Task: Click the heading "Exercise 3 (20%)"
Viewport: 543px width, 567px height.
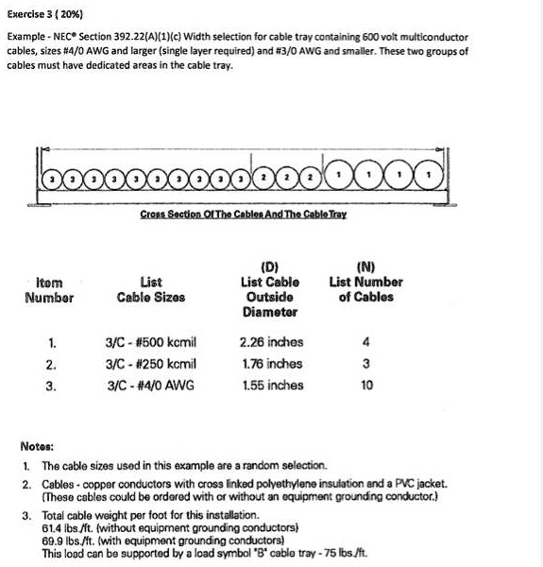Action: tap(42, 14)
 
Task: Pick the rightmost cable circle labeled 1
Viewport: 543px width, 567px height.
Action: tap(431, 176)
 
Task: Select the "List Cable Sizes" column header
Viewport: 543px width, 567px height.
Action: tap(151, 289)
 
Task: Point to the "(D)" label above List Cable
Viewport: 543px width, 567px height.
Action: tap(272, 266)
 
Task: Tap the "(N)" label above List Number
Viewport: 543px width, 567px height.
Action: tap(365, 266)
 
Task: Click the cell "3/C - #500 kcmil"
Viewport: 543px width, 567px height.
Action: tap(151, 342)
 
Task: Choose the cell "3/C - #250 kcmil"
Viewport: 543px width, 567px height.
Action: tap(151, 364)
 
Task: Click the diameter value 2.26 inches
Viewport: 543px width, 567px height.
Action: tap(272, 342)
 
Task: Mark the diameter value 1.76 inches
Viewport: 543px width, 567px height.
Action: tap(272, 364)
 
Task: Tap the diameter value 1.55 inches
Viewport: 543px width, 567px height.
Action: tap(272, 386)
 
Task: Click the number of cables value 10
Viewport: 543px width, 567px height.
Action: tap(366, 386)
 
